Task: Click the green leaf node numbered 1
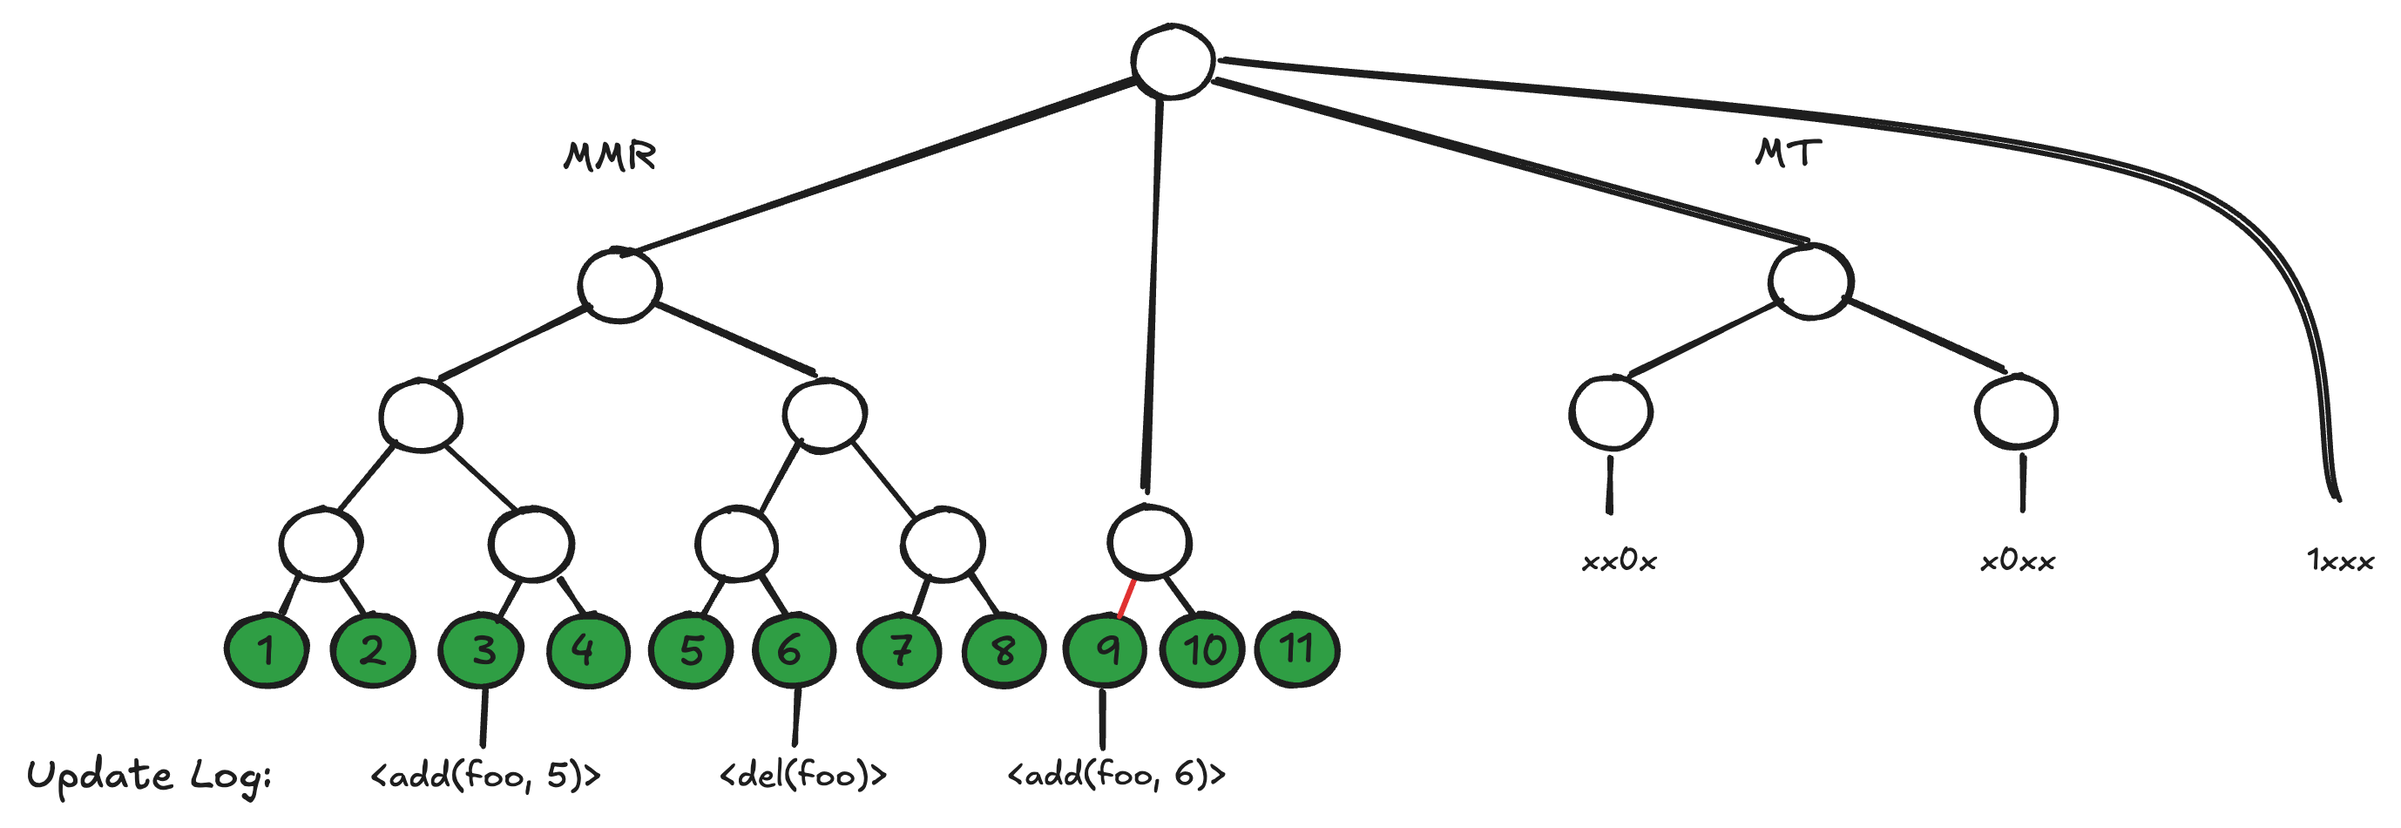267,651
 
